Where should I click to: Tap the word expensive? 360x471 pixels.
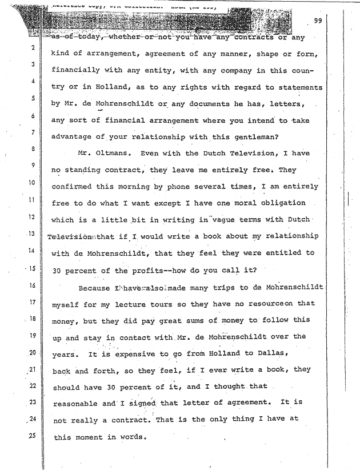pos(138,354)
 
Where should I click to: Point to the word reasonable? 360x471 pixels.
pos(74,404)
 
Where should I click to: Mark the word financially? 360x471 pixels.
pos(77,71)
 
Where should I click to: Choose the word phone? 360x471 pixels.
pos(176,187)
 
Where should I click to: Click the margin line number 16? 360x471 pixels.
pos(34,285)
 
